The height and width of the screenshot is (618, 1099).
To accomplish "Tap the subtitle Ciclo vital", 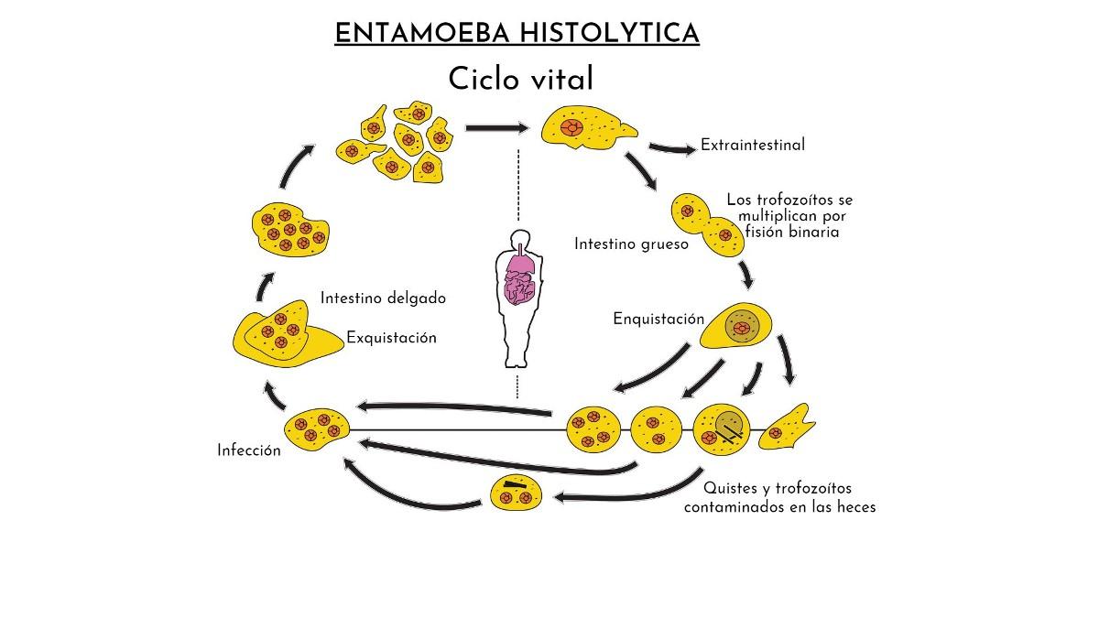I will pos(520,80).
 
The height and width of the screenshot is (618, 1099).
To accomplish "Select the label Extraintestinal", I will pos(753,145).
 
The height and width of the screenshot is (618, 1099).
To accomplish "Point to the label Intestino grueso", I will pos(631,244).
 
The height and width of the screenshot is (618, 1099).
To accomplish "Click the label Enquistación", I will pos(658,319).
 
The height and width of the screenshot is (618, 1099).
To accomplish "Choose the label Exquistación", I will pos(391,338).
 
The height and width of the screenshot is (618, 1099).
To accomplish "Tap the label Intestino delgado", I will pos(383,298).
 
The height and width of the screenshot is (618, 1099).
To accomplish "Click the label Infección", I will pos(249,450).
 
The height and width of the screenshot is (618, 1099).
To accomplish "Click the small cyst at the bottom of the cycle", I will pos(517,494).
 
